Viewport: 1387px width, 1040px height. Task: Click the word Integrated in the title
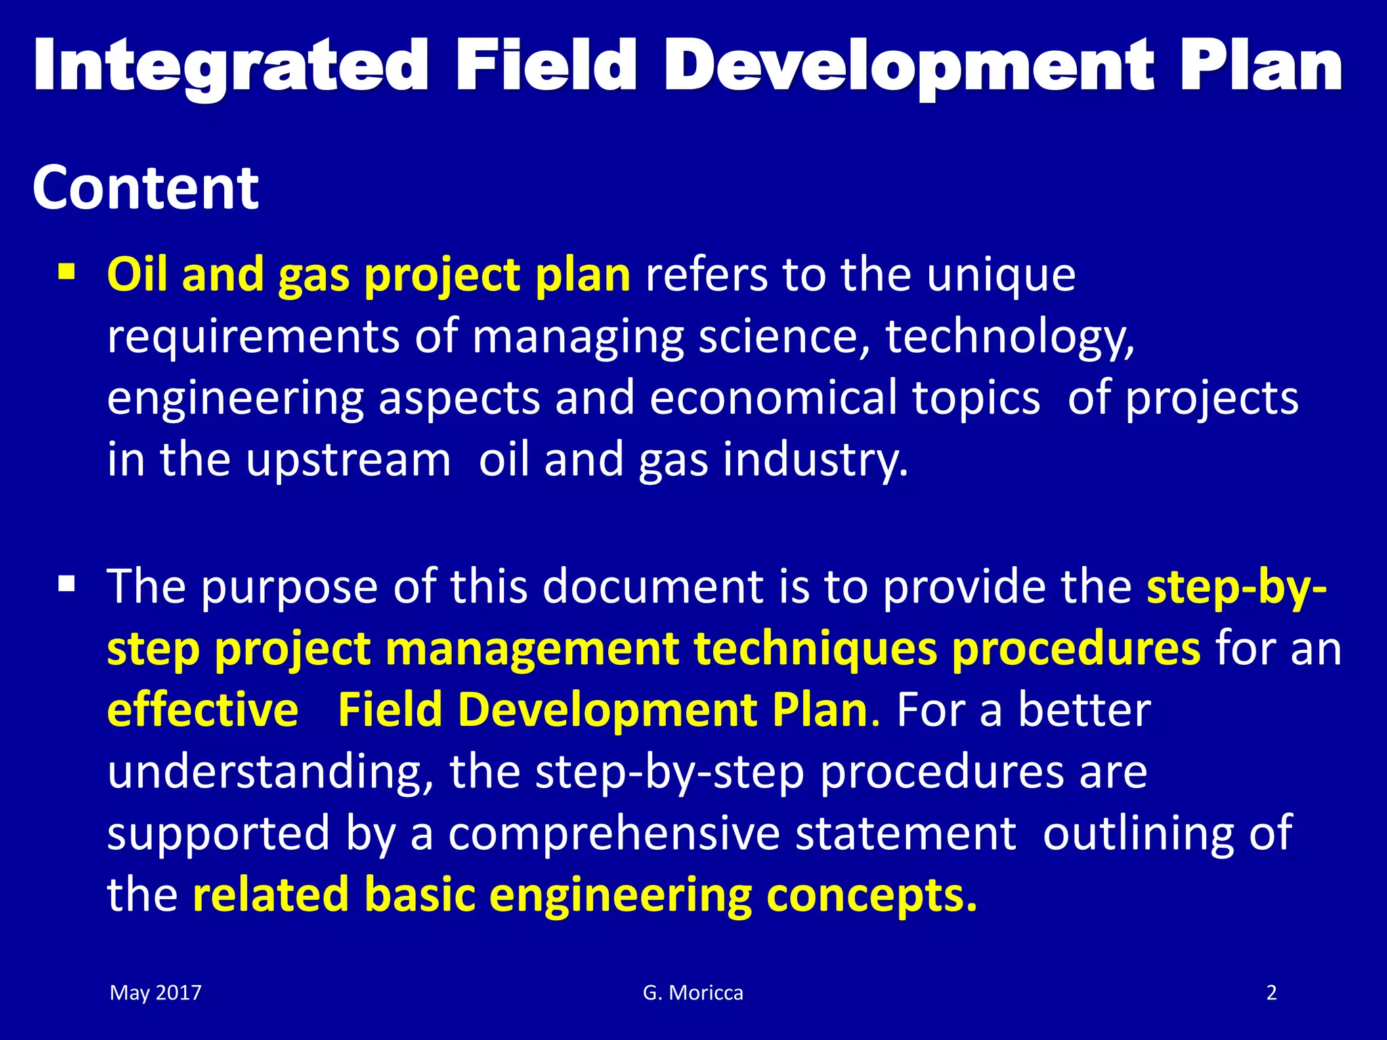coord(230,66)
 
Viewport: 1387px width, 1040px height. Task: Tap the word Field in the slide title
coord(546,66)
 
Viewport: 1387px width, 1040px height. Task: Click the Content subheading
coord(145,188)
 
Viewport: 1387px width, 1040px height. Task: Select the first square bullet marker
coord(66,274)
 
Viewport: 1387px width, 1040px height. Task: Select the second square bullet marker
coord(66,583)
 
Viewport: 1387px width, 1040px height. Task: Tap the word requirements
coord(253,337)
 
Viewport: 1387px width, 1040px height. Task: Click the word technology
coord(1009,337)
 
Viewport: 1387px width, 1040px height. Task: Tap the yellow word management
coord(532,649)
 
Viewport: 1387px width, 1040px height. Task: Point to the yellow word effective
coord(202,710)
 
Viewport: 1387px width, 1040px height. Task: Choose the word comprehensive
coord(614,833)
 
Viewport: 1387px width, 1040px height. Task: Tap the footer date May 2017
coord(156,993)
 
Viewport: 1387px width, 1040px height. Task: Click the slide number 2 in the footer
coord(1271,993)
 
